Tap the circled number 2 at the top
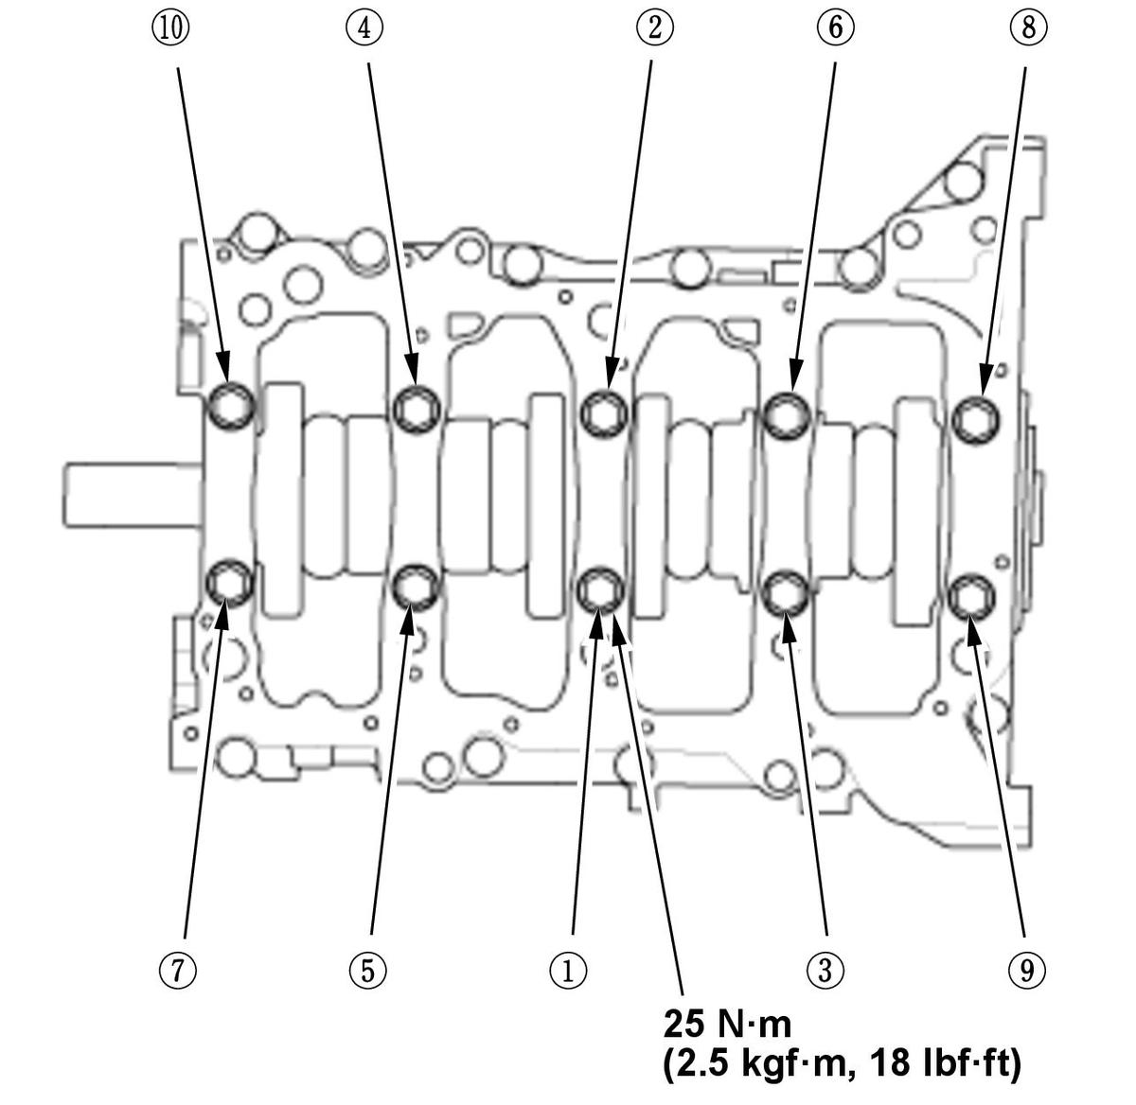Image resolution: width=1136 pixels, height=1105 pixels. point(654,28)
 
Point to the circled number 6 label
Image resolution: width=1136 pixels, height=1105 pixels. point(835,28)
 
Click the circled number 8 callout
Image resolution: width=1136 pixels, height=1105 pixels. point(1028,28)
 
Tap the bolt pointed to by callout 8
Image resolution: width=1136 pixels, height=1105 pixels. point(975,417)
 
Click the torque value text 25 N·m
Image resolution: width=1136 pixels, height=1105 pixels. point(727,1024)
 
